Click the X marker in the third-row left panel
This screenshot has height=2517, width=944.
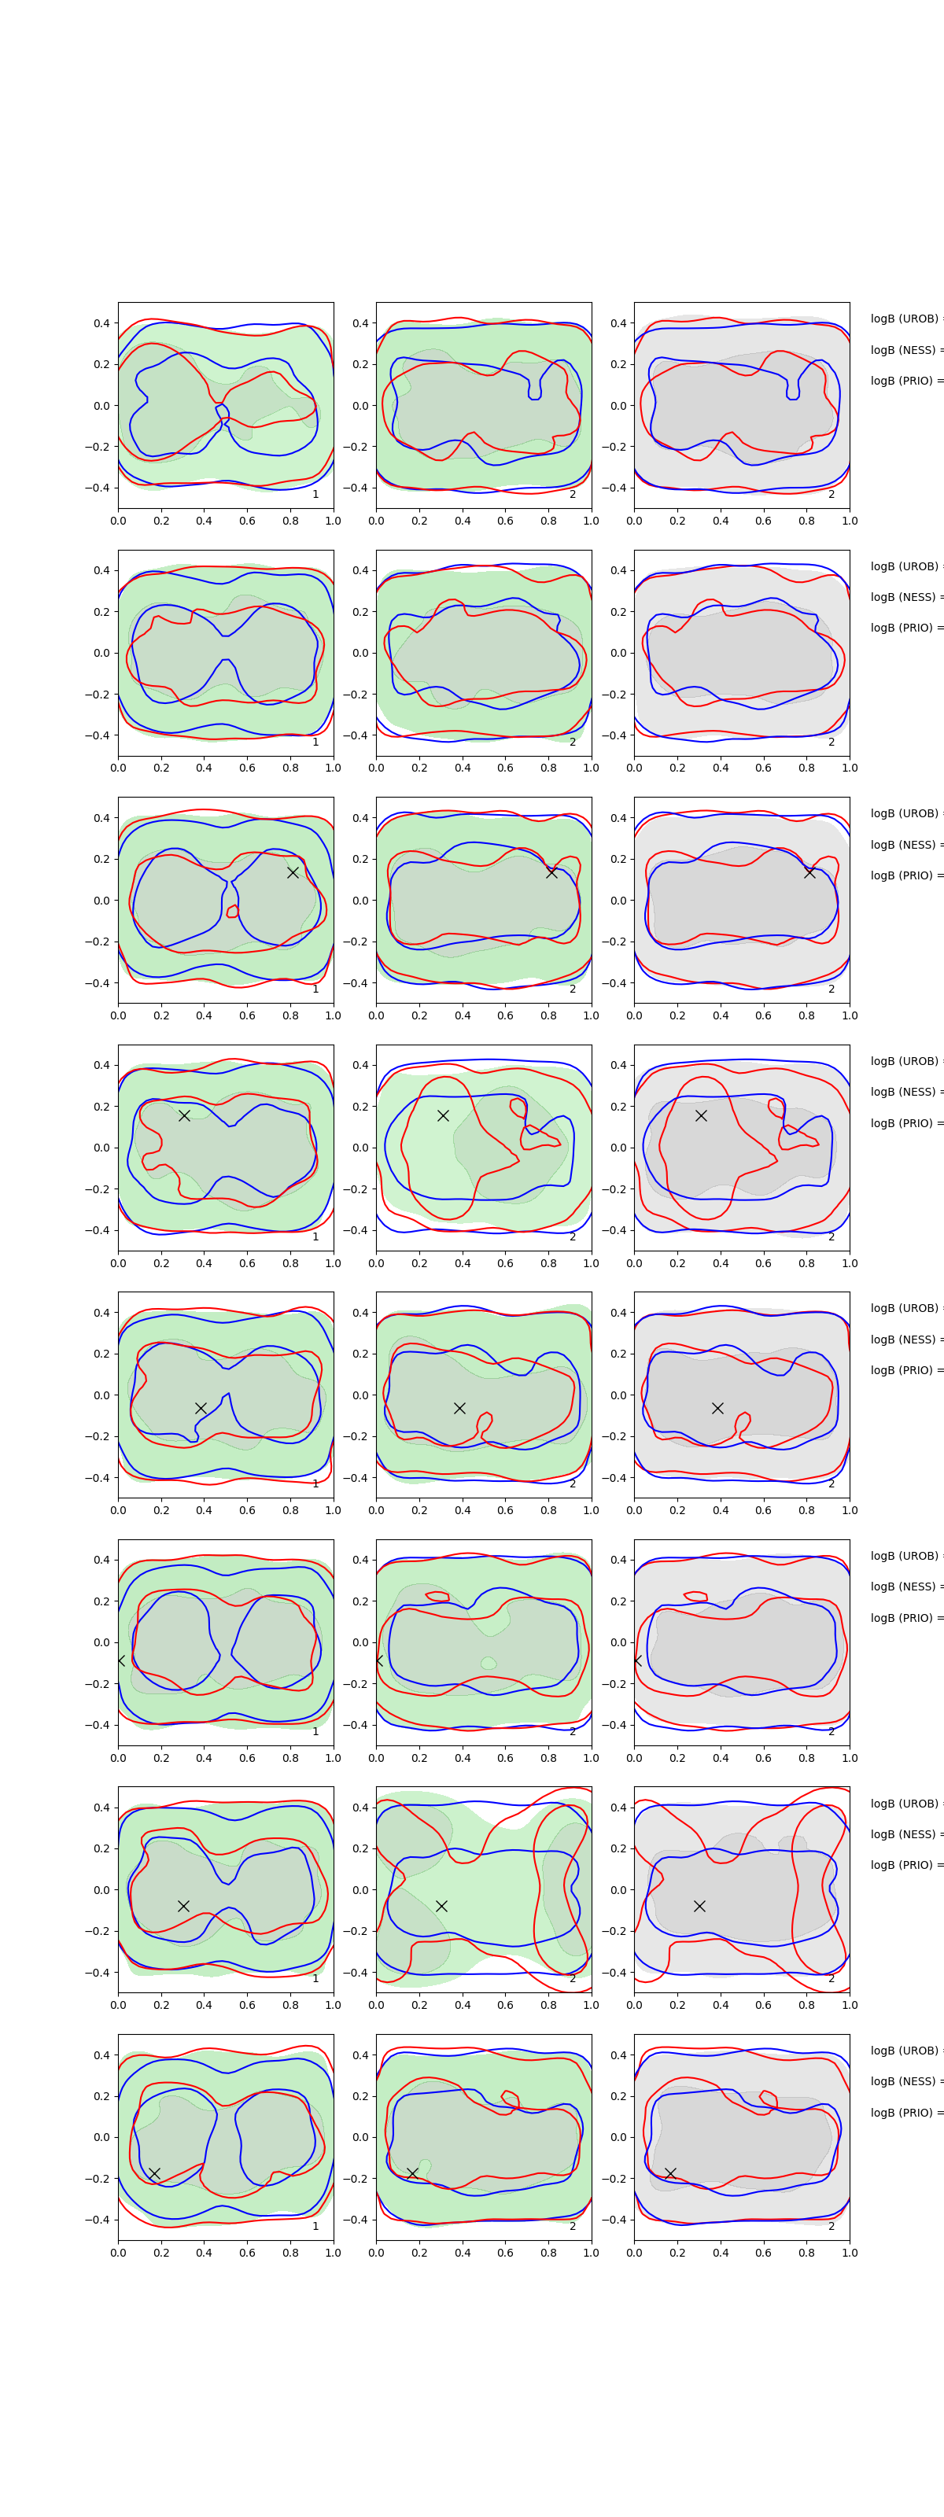click(x=292, y=872)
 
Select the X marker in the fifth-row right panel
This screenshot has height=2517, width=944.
click(x=717, y=1408)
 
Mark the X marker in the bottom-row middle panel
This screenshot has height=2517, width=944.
click(x=412, y=2173)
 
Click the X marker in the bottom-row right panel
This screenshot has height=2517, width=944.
click(x=670, y=2173)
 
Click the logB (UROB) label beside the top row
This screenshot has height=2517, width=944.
click(x=904, y=319)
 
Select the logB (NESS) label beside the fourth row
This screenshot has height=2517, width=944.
click(x=904, y=1093)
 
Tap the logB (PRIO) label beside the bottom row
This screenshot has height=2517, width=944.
click(x=904, y=2113)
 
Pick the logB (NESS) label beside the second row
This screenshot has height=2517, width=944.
click(x=904, y=597)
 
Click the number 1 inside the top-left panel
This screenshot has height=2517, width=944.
click(x=315, y=495)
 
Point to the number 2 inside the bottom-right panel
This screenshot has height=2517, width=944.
click(x=832, y=2226)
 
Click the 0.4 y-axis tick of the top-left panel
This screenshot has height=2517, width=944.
click(x=101, y=323)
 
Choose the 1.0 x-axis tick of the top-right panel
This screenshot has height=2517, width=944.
click(x=850, y=521)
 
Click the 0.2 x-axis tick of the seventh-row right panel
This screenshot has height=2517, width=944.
click(x=677, y=2005)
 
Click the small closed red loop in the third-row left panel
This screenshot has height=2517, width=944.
click(x=233, y=912)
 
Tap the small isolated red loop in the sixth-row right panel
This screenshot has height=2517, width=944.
click(x=695, y=1597)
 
